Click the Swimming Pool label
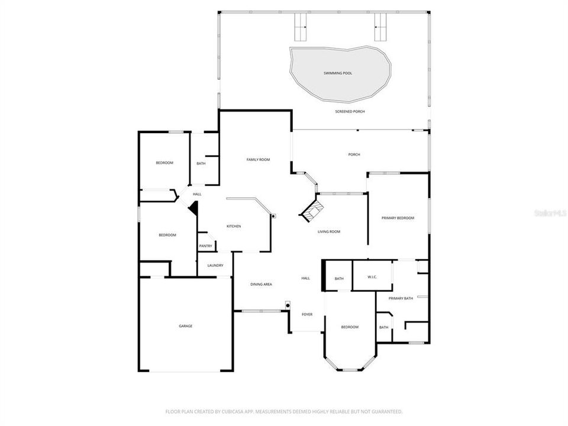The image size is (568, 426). point(338,73)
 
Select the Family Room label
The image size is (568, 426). point(258,160)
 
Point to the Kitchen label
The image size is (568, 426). point(234,227)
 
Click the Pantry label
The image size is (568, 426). point(205,246)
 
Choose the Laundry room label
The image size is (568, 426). point(215,266)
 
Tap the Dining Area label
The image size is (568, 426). point(261,285)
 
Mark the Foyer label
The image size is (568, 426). point(307,314)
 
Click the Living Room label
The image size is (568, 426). point(329,232)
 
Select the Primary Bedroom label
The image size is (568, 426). point(398,218)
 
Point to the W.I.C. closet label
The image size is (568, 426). point(372,277)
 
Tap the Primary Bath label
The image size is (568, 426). point(401,299)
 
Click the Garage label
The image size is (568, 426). point(186,326)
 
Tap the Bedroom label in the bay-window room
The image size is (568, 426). point(350,327)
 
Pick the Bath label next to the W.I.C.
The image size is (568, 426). point(339,279)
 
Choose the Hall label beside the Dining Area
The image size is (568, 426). point(306,278)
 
